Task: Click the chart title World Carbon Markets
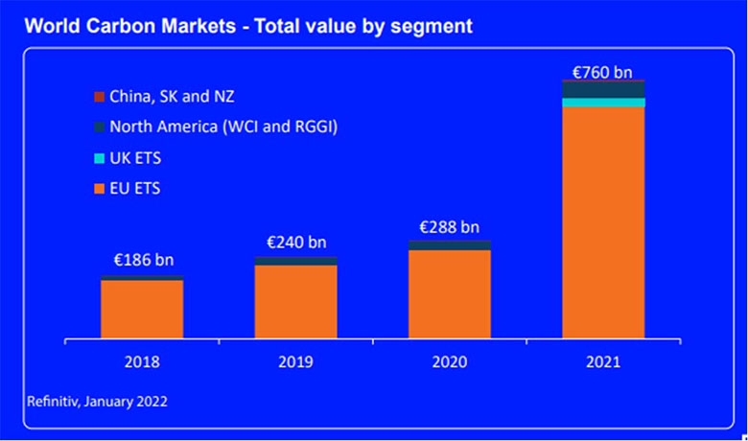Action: [x=247, y=26]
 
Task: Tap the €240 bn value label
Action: [x=295, y=243]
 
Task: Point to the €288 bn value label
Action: [x=449, y=227]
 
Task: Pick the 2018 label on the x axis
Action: [x=142, y=362]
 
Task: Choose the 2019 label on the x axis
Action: [x=295, y=362]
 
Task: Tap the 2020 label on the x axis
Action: [x=449, y=362]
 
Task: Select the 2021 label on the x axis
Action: [x=603, y=362]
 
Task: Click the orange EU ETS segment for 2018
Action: [x=142, y=309]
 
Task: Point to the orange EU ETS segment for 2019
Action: [x=295, y=301]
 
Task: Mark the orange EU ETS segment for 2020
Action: [x=449, y=293]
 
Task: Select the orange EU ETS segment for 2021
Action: [x=603, y=220]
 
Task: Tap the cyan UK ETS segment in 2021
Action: [x=603, y=103]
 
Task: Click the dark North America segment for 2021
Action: [x=603, y=90]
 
